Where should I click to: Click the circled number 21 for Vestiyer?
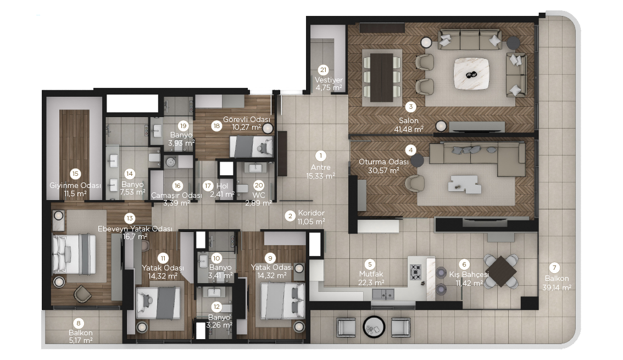tap(324, 70)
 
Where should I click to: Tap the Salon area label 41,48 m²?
tap(408, 129)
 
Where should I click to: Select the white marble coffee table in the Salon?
tap(471, 74)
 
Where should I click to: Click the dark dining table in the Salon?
tap(381, 77)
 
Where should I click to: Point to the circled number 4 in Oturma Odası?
tap(410, 150)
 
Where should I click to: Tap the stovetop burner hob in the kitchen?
tap(415, 273)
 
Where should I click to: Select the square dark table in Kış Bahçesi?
tap(501, 272)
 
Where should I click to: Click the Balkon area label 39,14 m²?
tap(557, 287)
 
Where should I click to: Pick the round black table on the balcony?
tap(374, 327)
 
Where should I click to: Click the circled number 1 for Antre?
tap(320, 156)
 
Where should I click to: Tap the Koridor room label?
tap(311, 213)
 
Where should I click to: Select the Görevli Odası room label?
tap(246, 119)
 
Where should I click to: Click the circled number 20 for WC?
tap(259, 185)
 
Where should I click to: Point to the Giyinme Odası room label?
tap(75, 186)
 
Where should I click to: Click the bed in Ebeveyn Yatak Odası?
tap(74, 254)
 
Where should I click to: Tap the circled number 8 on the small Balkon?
tap(79, 323)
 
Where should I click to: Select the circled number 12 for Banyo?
tap(216, 307)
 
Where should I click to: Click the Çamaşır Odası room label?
tap(176, 196)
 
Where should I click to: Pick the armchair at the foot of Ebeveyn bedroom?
tap(82, 293)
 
